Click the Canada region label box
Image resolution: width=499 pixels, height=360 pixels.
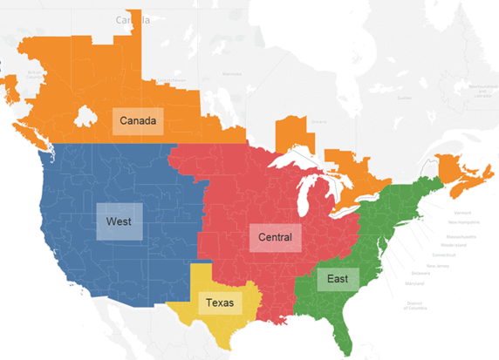pos(138,119)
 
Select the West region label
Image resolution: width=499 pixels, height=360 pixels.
pos(119,221)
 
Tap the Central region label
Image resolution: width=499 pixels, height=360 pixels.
pos(274,236)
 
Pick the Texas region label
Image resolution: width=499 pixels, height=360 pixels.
pos(219,303)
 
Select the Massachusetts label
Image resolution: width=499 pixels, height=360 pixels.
pos(462,235)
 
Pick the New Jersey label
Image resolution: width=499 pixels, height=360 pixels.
pos(439,265)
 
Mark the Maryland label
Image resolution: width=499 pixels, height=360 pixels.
pos(415,282)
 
